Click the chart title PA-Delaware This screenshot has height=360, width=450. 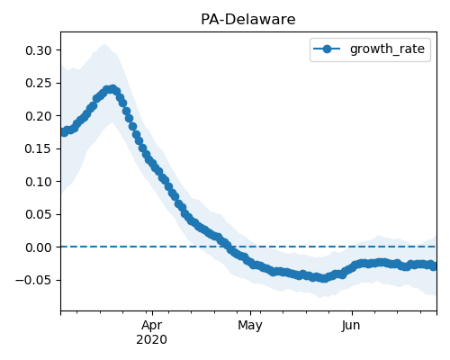(248, 20)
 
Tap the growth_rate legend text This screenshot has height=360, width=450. (387, 49)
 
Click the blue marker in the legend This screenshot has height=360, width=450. (327, 49)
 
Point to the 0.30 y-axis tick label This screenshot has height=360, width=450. (39, 50)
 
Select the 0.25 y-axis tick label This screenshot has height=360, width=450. (39, 83)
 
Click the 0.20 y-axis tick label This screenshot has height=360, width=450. (39, 116)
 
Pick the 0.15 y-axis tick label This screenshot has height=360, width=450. (39, 148)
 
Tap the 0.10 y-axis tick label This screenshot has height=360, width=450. (39, 182)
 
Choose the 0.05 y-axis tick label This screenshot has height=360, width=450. (39, 214)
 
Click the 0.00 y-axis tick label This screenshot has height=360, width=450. (39, 247)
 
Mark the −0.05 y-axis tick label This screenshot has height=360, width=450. (33, 280)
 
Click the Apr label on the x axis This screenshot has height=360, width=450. (152, 326)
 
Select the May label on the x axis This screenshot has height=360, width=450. (250, 326)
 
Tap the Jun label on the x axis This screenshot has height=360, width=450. (351, 326)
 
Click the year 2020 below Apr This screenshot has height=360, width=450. (151, 340)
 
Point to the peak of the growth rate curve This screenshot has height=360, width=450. (112, 89)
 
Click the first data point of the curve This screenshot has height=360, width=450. (63, 132)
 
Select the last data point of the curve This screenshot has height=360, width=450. (434, 266)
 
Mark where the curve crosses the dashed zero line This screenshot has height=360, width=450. (227, 247)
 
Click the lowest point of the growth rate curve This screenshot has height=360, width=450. (323, 278)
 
